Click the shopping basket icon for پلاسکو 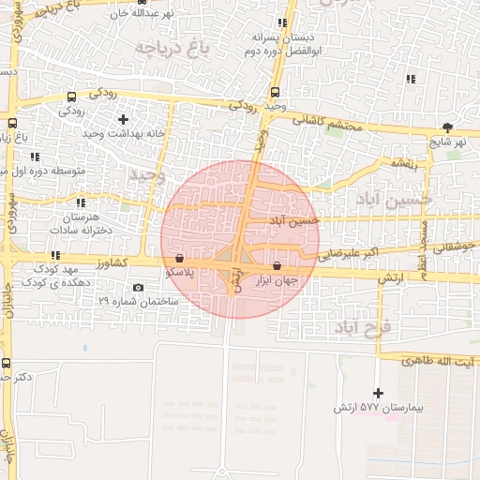coord(179,257)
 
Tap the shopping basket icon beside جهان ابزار coord(277,265)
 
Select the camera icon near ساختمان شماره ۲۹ coord(139,287)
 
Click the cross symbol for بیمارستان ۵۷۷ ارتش coord(378,393)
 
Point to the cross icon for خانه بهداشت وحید coord(123,119)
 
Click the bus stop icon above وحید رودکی coord(275,92)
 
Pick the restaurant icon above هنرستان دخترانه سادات coord(81,202)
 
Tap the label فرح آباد coord(367,327)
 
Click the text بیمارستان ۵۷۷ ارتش coord(380,410)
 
